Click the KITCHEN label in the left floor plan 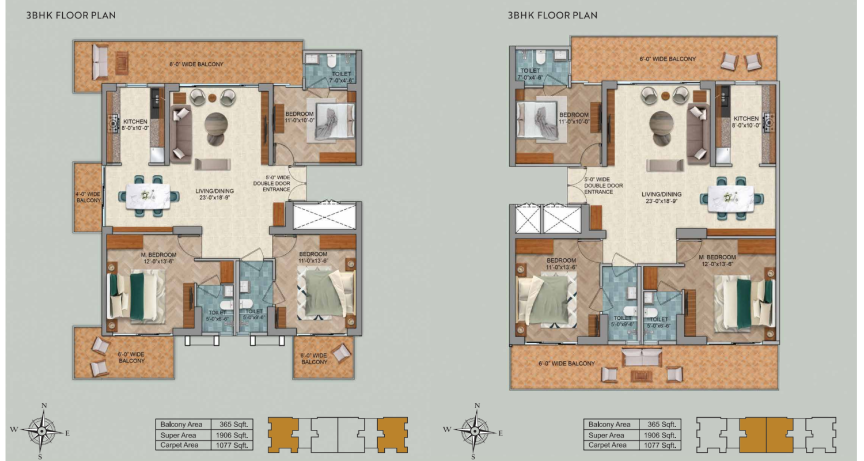coord(135,122)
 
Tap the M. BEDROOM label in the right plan coord(717,258)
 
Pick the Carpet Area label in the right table coord(607,445)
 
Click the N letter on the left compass coord(44,406)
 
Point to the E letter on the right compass coord(501,433)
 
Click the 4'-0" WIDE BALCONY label coord(88,197)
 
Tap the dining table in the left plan coord(149,197)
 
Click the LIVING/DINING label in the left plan coord(214,191)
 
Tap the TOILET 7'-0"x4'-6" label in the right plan coord(530,74)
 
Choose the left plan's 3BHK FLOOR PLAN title coord(71,16)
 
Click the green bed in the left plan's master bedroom coord(137,296)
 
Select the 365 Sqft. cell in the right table coord(660,424)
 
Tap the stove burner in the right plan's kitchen coord(769,123)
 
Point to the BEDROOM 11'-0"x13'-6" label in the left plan coord(313,258)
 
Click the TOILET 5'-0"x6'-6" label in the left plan coord(217,316)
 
